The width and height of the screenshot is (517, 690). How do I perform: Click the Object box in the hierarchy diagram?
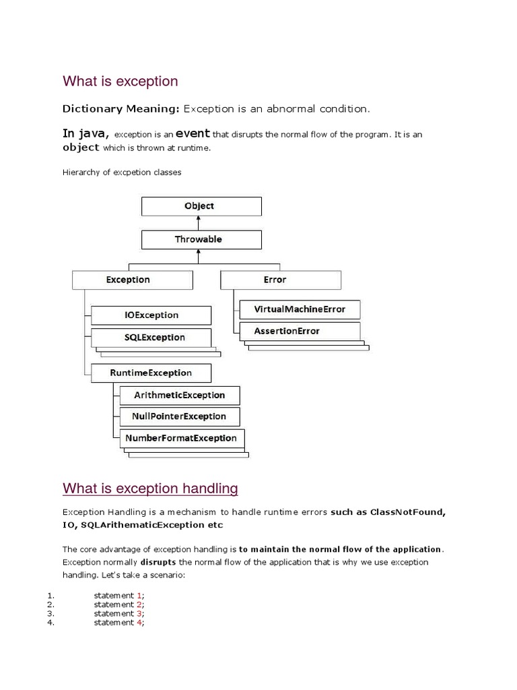pos(201,206)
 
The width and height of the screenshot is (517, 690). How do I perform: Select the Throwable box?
pos(201,239)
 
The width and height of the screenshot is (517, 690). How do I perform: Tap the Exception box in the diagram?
pos(132,280)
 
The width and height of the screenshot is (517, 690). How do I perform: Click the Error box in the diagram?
pos(281,280)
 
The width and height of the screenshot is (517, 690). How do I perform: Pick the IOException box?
pos(151,315)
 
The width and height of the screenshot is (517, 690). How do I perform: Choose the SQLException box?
pos(151,337)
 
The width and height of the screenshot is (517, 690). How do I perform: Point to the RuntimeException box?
pos(151,373)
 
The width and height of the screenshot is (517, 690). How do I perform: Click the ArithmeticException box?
pos(179,395)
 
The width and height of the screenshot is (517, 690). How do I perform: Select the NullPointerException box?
pos(179,416)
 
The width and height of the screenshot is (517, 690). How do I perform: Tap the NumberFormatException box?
pos(181,438)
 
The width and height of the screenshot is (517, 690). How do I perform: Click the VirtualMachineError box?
pos(300,309)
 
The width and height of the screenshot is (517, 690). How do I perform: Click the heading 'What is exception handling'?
pos(150,488)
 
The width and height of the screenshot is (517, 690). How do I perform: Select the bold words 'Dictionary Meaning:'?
pos(121,108)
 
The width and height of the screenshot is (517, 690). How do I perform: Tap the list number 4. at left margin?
pos(50,623)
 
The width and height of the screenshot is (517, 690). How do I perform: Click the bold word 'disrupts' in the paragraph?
pos(159,562)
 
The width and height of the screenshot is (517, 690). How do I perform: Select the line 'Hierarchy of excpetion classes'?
pos(122,172)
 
